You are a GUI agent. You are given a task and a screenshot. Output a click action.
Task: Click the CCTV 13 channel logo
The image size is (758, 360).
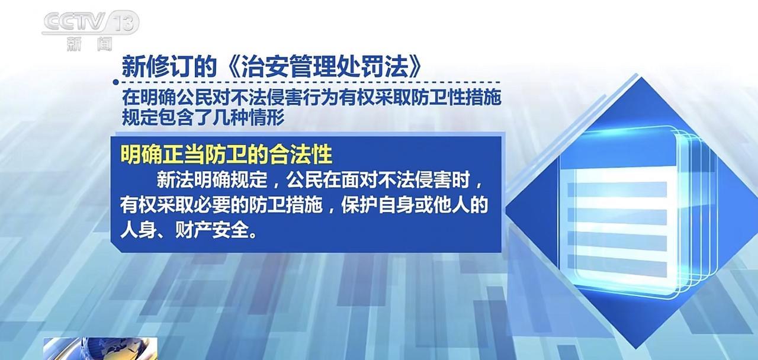click(x=91, y=22)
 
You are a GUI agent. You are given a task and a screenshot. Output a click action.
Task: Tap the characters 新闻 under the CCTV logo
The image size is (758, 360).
click(x=89, y=44)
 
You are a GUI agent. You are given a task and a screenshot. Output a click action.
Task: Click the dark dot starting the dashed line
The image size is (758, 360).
click(x=116, y=82)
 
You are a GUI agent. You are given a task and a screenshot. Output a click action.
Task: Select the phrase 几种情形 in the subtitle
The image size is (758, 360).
click(x=248, y=118)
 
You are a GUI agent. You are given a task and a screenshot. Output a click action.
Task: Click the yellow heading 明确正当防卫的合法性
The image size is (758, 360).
click(x=226, y=155)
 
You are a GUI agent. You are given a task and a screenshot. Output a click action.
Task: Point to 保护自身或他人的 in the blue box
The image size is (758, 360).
click(x=415, y=205)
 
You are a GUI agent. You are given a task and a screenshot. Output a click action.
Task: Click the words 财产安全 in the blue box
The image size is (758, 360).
click(x=212, y=231)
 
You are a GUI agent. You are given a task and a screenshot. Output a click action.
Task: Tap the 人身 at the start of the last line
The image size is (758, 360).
click(x=139, y=231)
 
